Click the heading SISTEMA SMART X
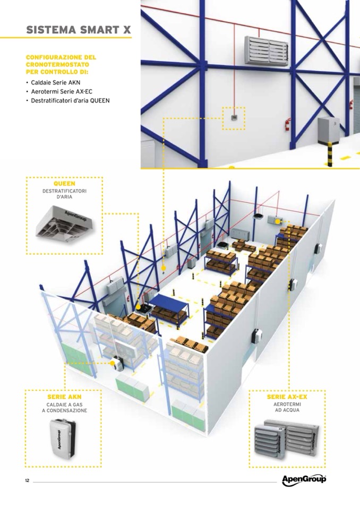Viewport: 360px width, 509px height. click(79, 30)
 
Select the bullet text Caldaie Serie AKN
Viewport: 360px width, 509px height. click(56, 82)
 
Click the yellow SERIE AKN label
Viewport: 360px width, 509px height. click(65, 396)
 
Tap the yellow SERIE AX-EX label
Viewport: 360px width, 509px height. click(287, 396)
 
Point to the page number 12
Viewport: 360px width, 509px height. click(27, 480)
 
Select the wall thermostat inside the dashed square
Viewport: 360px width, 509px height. click(234, 118)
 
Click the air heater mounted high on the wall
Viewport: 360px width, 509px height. click(266, 51)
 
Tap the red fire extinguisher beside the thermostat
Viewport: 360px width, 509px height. click(287, 124)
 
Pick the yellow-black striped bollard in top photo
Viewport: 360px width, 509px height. click(330, 154)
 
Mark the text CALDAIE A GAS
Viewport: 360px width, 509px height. click(65, 405)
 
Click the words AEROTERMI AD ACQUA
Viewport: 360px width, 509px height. click(287, 408)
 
